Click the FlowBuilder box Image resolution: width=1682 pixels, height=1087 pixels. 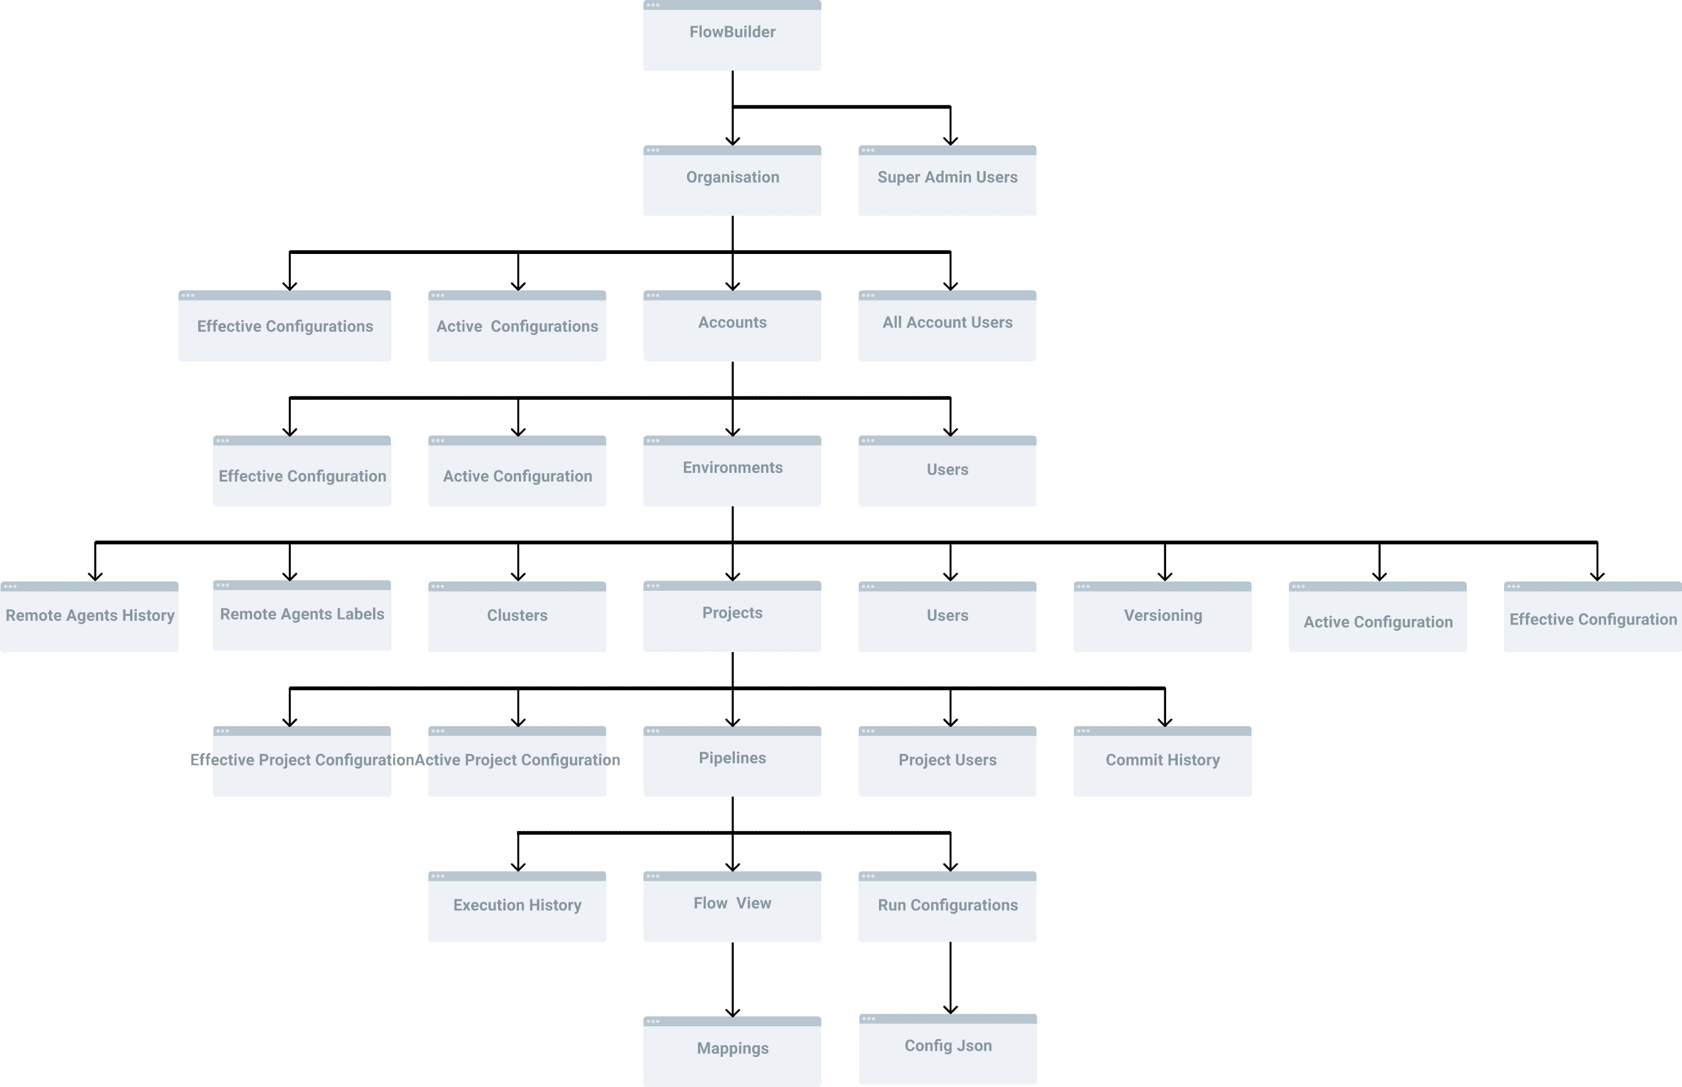[732, 36]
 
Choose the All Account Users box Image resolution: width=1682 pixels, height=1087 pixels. [947, 325]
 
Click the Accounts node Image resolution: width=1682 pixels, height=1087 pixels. [732, 325]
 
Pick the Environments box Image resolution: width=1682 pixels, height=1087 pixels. [732, 471]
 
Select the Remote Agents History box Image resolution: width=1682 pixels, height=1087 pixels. [90, 616]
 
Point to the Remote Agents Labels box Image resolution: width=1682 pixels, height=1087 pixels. [301, 615]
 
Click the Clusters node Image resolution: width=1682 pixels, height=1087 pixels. [517, 616]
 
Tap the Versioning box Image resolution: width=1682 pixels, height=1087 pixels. [1162, 616]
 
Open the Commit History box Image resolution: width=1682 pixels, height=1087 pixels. [1162, 761]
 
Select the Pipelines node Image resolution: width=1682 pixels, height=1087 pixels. [732, 761]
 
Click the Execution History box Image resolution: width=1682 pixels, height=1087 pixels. [517, 906]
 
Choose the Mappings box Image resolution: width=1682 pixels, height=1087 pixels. [732, 1051]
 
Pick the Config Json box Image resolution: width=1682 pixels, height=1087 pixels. [947, 1048]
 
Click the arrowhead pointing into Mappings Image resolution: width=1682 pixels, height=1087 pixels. [732, 1012]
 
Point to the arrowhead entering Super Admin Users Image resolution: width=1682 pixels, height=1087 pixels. [951, 140]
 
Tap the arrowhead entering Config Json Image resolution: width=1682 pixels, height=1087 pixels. [951, 1008]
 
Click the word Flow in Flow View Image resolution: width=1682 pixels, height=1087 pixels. [710, 904]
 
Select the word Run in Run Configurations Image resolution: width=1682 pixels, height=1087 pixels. [891, 905]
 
